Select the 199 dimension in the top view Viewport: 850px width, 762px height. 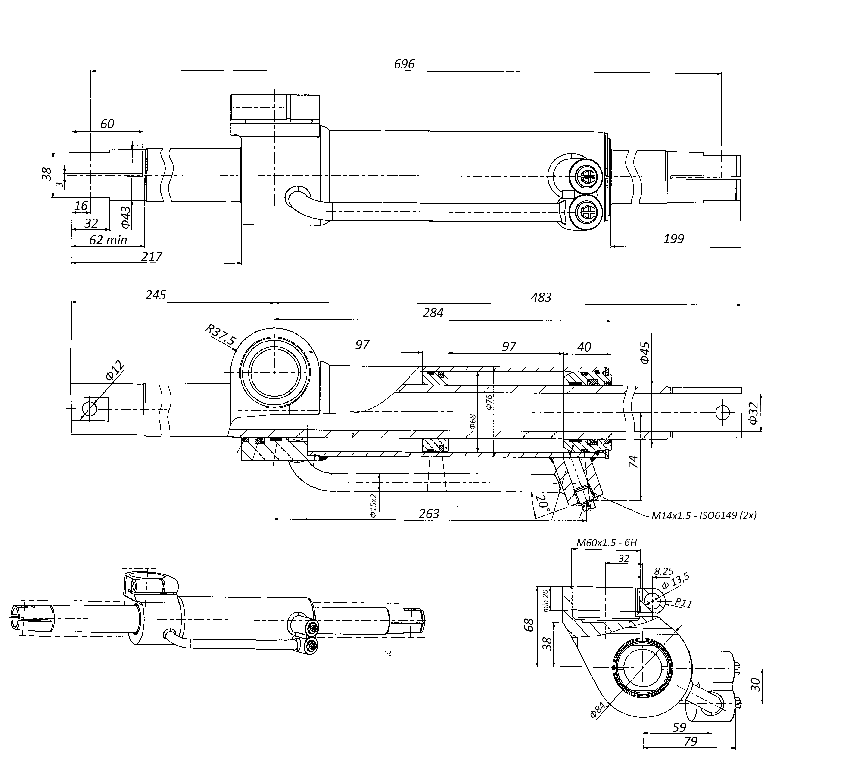674,239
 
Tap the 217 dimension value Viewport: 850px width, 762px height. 151,256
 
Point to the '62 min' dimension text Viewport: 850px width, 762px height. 108,240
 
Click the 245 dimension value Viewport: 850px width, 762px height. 156,295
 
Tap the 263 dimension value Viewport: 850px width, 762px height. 429,514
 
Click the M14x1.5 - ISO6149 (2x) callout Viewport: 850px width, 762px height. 704,515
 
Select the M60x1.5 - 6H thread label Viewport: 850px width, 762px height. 607,543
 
